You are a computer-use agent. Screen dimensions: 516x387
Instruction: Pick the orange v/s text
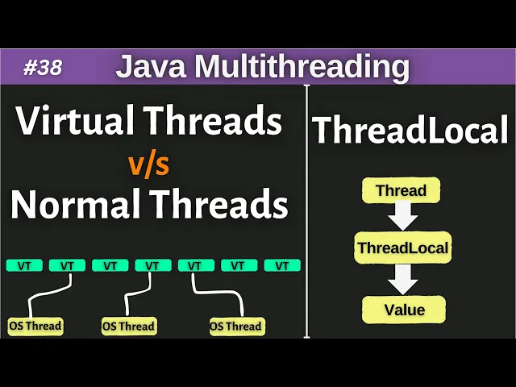click(x=150, y=165)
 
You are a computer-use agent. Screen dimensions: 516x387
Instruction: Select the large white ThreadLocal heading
click(x=411, y=131)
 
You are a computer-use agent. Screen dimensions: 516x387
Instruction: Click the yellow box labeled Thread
click(x=402, y=192)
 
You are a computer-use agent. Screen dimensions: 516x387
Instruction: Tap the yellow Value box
click(x=404, y=309)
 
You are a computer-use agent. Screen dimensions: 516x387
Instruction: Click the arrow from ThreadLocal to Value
click(x=402, y=279)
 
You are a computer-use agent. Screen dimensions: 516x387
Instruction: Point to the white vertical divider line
click(x=306, y=210)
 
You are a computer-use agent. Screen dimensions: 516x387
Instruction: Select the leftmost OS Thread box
click(x=35, y=326)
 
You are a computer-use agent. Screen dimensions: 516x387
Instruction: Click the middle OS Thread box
click(x=128, y=326)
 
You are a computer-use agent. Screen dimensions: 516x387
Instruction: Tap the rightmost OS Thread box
click(x=235, y=326)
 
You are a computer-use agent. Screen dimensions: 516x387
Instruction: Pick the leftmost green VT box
click(x=24, y=265)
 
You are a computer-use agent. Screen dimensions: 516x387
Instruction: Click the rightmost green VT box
click(x=282, y=265)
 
